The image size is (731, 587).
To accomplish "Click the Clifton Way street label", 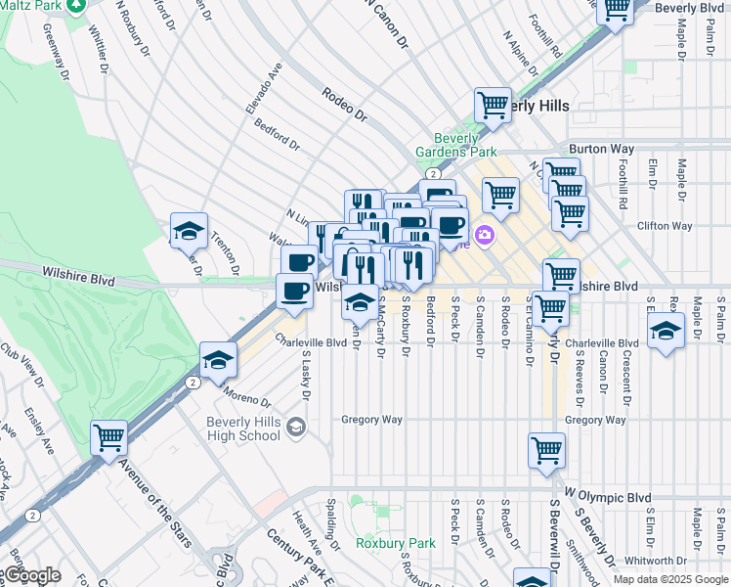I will coord(665,226).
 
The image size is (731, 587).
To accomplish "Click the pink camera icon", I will coord(484,235).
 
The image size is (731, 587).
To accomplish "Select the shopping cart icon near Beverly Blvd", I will coord(616,9).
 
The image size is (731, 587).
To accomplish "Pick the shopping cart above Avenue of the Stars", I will coord(109,437).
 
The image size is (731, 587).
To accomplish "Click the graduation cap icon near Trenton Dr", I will coord(189,231).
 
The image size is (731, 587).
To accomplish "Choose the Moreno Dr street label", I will coord(246,395).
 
